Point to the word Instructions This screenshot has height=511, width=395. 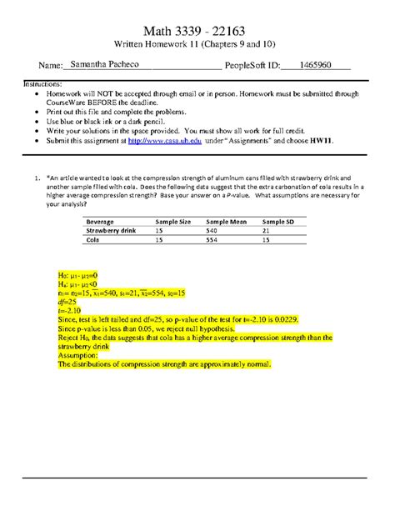pyautogui.click(x=49, y=84)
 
